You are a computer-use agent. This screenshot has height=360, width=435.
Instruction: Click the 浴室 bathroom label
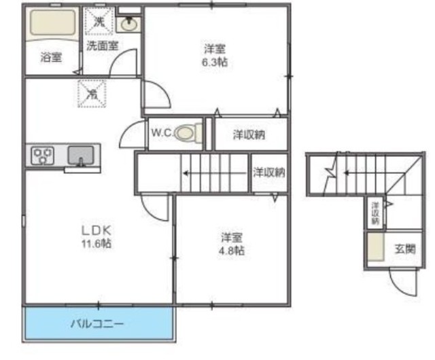(x=51, y=58)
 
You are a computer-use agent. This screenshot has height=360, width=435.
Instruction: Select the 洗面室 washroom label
(x=103, y=46)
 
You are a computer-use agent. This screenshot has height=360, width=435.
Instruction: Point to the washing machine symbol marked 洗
(x=100, y=21)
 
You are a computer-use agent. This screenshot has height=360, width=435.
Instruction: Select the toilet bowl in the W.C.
(x=187, y=133)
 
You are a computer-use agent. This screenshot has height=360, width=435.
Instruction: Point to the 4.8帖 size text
(x=232, y=250)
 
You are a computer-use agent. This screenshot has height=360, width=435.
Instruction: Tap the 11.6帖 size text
(x=96, y=243)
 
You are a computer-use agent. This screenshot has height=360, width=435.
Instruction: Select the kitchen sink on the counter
(x=80, y=156)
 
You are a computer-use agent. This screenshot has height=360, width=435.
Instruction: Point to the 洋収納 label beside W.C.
(x=249, y=134)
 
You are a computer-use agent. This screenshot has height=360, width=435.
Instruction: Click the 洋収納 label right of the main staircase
(x=269, y=172)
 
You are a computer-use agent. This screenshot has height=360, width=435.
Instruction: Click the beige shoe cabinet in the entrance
(x=375, y=248)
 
